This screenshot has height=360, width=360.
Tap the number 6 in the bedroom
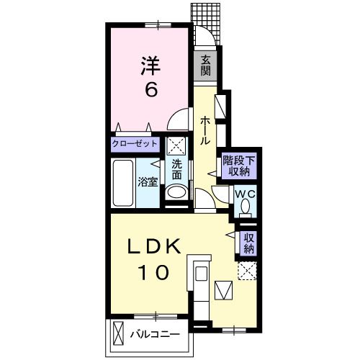point(152,90)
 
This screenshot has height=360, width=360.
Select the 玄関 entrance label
point(205,64)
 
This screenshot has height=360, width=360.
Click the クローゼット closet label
point(135,144)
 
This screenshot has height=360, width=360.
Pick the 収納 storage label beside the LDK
point(248,243)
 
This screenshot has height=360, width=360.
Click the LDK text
point(153,247)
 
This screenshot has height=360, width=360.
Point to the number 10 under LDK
point(153,273)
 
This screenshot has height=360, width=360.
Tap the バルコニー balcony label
point(155,333)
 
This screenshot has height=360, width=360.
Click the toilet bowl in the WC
point(244,207)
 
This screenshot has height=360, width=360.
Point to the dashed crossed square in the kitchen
point(247,271)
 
